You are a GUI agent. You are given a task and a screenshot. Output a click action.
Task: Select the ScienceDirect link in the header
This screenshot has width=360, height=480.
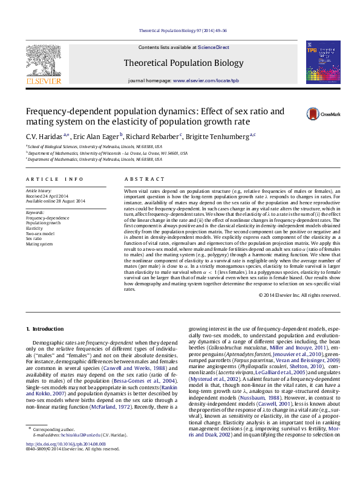tap(214, 47)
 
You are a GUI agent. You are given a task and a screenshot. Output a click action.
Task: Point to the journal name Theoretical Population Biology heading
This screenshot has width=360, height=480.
tap(183, 62)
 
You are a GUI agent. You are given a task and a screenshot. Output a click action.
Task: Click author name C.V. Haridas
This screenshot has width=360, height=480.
tap(44, 137)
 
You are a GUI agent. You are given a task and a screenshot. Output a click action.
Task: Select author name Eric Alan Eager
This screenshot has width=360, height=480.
tap(97, 137)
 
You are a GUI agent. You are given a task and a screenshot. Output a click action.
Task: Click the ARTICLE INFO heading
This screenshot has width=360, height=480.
tap(55, 180)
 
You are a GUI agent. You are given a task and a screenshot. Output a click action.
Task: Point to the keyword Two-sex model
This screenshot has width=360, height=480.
tap(40, 233)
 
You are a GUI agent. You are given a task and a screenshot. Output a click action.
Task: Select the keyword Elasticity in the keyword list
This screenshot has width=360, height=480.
tap(34, 229)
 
